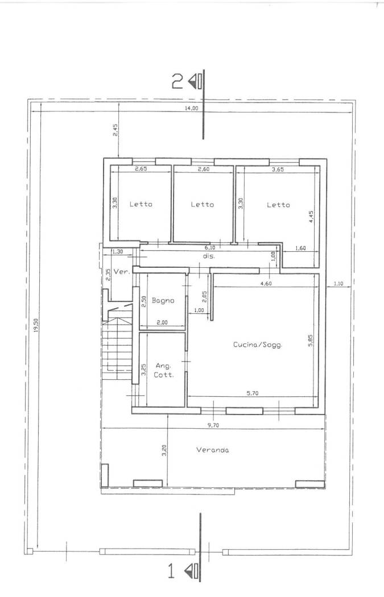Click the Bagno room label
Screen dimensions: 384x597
163,301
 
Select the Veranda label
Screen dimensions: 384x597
213,450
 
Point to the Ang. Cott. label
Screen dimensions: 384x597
164,370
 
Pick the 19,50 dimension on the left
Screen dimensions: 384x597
36,326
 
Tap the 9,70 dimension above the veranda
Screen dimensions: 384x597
214,426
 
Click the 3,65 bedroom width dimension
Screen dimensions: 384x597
278,170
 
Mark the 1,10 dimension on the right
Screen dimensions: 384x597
338,283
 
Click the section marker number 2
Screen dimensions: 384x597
177,81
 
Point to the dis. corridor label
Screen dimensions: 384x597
209,256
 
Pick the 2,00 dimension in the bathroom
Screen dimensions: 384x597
162,322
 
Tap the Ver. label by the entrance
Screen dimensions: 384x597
122,272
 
